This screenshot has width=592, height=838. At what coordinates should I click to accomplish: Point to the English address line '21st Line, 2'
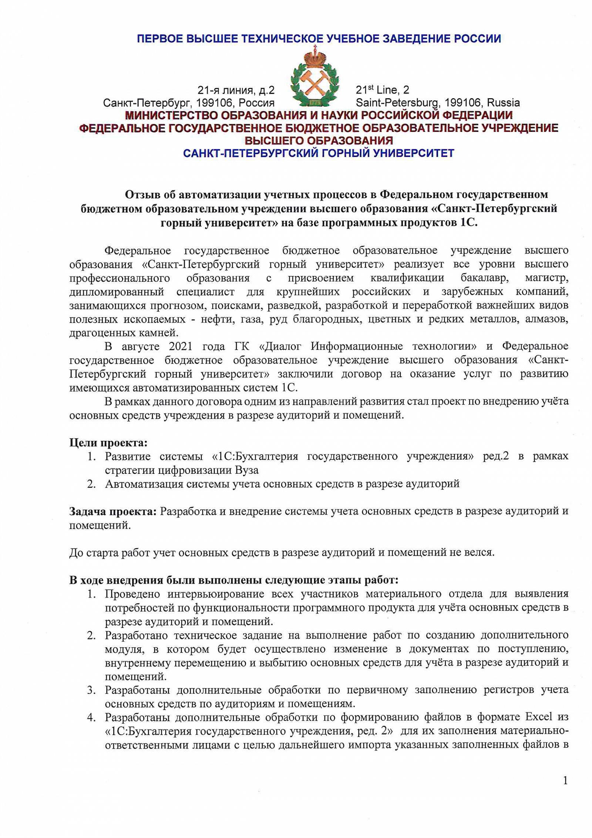coord(382,90)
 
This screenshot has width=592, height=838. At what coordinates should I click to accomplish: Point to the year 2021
coord(181,346)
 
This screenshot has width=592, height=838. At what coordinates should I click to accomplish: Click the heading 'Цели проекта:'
coord(108,442)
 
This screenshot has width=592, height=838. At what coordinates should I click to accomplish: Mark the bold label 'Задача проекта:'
coord(113,511)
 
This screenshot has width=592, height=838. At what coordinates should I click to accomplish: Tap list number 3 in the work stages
coord(91,690)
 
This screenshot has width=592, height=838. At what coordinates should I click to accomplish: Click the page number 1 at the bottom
coord(565,781)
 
